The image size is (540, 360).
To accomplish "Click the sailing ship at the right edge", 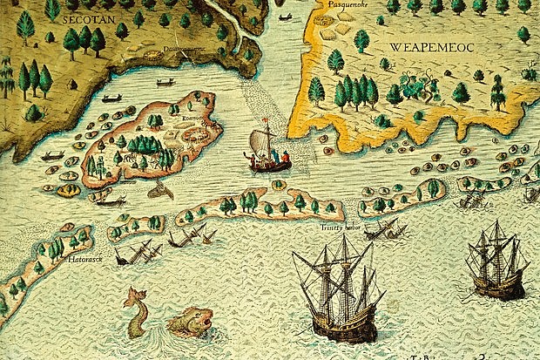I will pyautogui.click(x=496, y=260).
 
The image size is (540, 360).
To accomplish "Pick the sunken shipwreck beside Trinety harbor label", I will pyautogui.click(x=382, y=230).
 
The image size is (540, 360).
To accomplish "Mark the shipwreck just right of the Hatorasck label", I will pyautogui.click(x=139, y=253).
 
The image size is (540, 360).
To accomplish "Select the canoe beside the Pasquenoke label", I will pyautogui.click(x=286, y=16).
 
